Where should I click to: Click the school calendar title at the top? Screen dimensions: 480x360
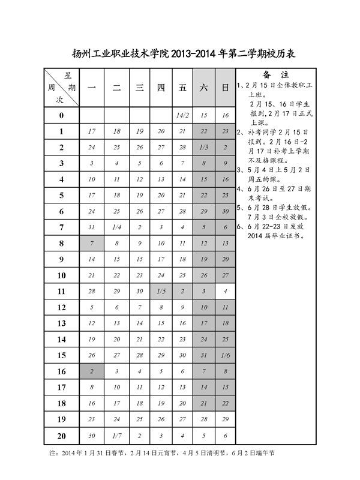180,53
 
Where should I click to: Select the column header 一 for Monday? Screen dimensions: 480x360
92,88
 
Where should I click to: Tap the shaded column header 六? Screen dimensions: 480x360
203,88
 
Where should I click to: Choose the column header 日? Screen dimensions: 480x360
226,88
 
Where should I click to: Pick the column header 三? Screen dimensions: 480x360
139,88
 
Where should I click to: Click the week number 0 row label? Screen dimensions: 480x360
61,115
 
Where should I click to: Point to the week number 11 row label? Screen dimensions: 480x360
61,291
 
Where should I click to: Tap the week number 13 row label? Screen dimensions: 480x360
61,323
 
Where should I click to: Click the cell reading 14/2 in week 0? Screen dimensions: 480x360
183,115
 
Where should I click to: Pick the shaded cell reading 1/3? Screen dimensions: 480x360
203,147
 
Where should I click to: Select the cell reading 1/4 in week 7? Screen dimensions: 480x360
116,227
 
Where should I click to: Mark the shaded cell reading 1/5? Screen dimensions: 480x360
161,291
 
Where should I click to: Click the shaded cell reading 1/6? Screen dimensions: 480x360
226,355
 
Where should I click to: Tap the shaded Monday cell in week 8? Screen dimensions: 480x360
92,243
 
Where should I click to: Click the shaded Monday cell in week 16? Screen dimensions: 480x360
92,371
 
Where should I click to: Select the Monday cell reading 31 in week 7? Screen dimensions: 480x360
92,227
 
